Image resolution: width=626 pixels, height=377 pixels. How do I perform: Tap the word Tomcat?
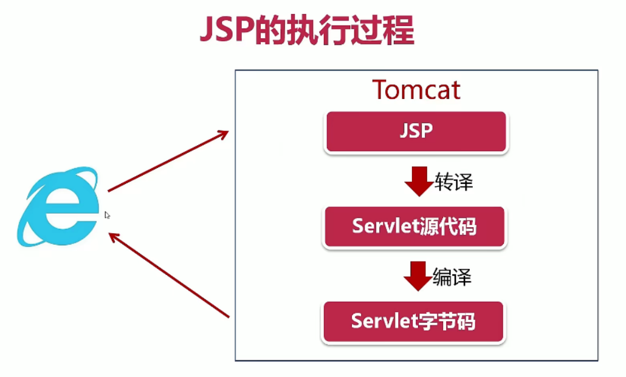coord(416,90)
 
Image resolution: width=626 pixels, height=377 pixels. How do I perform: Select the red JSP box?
coord(416,132)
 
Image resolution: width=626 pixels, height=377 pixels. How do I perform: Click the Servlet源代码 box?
coord(414,227)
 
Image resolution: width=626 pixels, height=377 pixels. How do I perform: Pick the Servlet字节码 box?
coord(413,321)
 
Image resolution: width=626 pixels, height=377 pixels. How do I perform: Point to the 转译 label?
coord(453,182)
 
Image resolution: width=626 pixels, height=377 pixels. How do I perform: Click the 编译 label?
coord(452,277)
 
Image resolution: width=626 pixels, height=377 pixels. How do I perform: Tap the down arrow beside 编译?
coord(418,276)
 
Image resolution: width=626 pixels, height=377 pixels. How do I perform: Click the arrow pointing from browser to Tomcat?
coord(167,161)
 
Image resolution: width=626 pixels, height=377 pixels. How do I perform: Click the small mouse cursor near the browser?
coord(107,215)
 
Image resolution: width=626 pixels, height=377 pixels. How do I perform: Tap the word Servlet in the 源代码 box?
coord(384,227)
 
